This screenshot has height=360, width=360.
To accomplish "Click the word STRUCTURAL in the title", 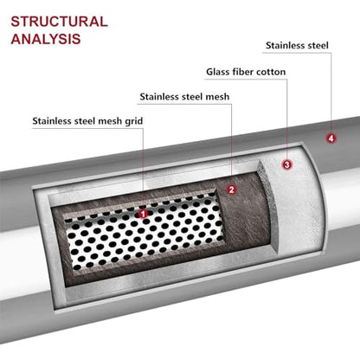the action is [x=60, y=22].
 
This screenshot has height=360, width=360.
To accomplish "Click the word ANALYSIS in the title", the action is [x=46, y=39].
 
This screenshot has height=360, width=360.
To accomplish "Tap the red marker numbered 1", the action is [x=143, y=214].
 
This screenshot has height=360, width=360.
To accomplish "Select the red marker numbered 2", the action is [x=231, y=190].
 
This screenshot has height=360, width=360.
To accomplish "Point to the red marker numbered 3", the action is [x=287, y=164].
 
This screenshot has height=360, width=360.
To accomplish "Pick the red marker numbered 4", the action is [x=331, y=138].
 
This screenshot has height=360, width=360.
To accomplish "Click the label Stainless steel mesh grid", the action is [x=87, y=121].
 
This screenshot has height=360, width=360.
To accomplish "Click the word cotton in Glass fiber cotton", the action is [x=271, y=72].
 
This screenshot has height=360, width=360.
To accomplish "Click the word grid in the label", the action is [x=134, y=121].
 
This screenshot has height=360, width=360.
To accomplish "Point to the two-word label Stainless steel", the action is [x=297, y=46].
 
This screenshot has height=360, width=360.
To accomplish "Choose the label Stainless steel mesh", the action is [x=184, y=97].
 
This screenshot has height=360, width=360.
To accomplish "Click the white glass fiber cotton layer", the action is [x=296, y=199].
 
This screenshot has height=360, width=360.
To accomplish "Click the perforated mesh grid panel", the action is [x=144, y=232].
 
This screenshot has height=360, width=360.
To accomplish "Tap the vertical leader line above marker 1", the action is [x=144, y=169].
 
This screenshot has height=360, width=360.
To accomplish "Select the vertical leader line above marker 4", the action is [x=331, y=93].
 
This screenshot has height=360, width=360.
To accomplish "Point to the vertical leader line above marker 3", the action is [x=287, y=119].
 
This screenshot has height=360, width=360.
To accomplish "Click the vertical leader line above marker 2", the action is [x=231, y=145].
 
